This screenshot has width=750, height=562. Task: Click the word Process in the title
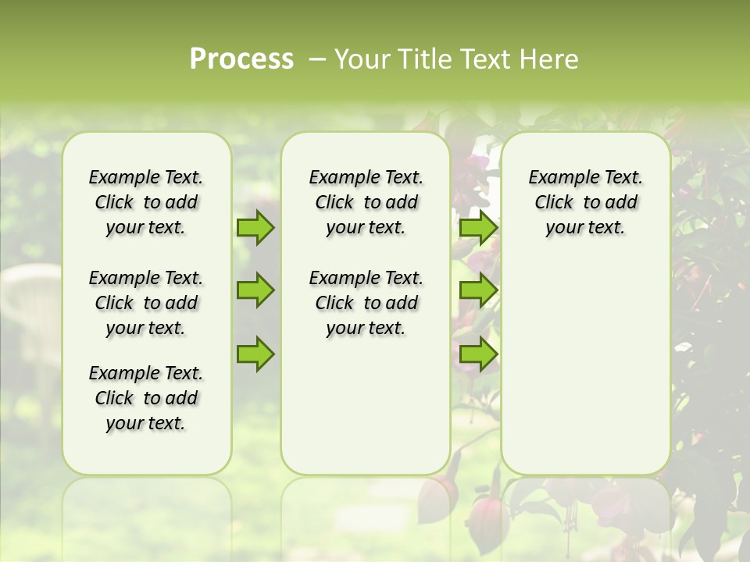pos(241,59)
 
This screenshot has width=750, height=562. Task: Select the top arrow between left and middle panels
pos(255,227)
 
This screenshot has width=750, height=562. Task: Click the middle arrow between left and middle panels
pos(255,290)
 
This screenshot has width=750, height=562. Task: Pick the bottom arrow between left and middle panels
pos(255,354)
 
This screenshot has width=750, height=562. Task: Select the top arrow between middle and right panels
pos(479,227)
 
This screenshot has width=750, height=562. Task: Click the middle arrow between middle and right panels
pos(479,290)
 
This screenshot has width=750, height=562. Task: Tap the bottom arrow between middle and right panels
pos(479,354)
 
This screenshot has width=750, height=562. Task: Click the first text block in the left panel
pos(146,202)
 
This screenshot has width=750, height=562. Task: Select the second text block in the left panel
pos(146,303)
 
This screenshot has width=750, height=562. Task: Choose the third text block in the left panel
pos(146,398)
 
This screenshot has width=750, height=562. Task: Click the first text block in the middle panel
pos(366,202)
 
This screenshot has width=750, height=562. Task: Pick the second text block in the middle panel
pos(366,303)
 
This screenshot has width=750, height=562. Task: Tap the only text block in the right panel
pos(585,202)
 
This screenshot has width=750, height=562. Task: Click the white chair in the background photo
pos(31,312)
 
